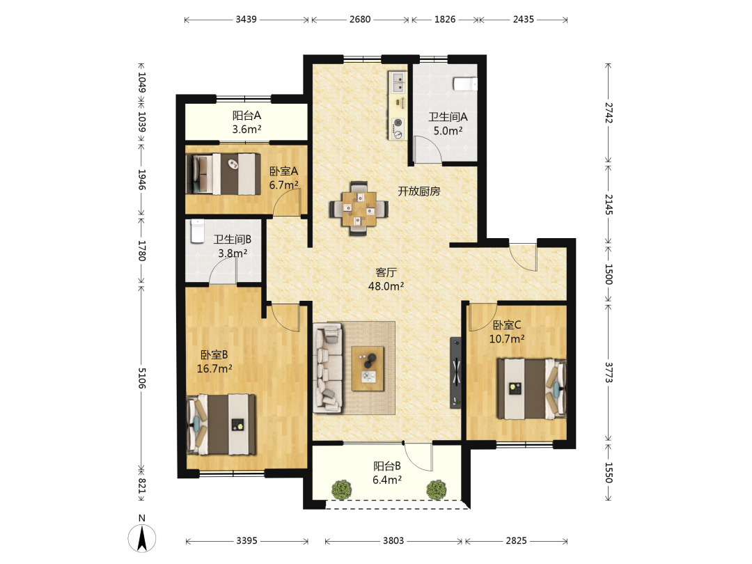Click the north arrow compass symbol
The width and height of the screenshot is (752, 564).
tap(141, 538)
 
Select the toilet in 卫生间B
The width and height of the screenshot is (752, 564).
tap(197, 231)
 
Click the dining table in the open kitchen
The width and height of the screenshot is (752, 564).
tap(359, 209)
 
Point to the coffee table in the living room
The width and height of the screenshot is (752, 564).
tap(368, 368)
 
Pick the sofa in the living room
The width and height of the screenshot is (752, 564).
tap(328, 368)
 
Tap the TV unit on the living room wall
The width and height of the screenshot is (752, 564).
tap(455, 373)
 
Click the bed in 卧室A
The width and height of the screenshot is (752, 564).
tap(223, 174)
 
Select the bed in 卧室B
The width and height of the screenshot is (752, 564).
tap(221, 425)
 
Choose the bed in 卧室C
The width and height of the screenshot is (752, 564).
tap(531, 389)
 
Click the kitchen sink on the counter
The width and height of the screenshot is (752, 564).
tap(398, 82)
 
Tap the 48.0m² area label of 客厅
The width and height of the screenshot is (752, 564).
tap(386, 286)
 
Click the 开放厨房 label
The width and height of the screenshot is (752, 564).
tap(418, 191)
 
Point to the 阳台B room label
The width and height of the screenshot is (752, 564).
tap(387, 466)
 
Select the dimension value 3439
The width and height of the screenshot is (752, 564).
tap(246, 19)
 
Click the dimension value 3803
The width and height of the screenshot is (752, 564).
tap(393, 540)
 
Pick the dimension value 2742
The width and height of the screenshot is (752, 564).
tap(609, 113)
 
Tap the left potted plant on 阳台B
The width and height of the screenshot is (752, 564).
tap(341, 489)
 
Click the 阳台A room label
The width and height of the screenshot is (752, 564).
tap(246, 116)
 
